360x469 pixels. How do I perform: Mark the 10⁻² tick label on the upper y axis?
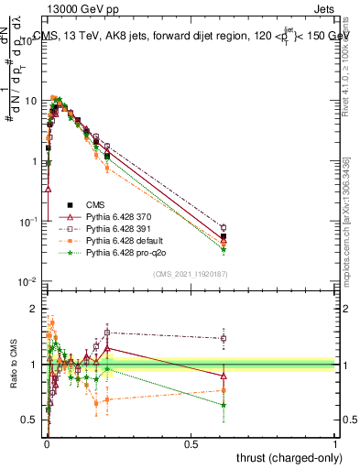pos(28,280)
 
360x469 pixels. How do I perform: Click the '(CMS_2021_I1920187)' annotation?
pos(191,274)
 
